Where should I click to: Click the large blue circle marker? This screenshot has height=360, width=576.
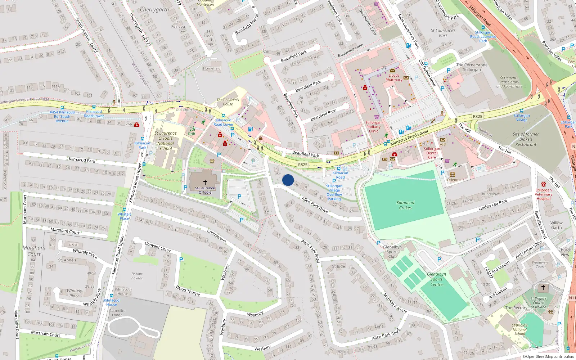click(x=288, y=180)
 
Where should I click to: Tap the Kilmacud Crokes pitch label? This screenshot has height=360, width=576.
click(x=405, y=205)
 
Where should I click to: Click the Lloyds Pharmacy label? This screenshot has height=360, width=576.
click(x=394, y=77)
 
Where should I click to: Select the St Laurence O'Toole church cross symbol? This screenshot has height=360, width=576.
click(x=205, y=182)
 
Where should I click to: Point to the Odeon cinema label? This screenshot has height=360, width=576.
click(x=453, y=180)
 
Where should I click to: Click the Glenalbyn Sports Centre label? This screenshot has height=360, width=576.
click(x=436, y=279)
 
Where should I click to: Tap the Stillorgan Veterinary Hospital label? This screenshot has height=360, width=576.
click(x=543, y=194)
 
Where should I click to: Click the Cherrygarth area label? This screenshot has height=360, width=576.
click(x=154, y=10)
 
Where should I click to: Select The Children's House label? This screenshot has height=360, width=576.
click(x=228, y=102)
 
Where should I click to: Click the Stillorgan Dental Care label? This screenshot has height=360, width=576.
click(x=432, y=153)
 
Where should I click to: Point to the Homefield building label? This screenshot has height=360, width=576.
click(x=212, y=68)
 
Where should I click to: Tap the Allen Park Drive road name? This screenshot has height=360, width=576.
click(x=315, y=205)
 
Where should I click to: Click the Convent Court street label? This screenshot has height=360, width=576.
click(x=158, y=247)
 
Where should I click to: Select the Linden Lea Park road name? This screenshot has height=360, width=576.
click(x=492, y=205)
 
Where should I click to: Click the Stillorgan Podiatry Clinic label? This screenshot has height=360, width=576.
click(x=373, y=127)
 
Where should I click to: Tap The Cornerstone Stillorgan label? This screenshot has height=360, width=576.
click(x=472, y=67)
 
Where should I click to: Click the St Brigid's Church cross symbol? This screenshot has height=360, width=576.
click(x=543, y=287)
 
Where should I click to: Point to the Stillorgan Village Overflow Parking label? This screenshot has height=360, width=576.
click(x=334, y=192)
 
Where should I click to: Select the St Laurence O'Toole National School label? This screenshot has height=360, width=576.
click(x=165, y=141)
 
